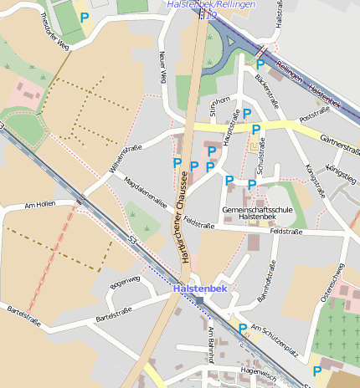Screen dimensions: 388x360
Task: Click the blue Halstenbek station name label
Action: tap(200, 288)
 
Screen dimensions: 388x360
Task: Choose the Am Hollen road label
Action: tap(39, 203)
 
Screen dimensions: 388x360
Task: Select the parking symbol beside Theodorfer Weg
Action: tap(84, 17)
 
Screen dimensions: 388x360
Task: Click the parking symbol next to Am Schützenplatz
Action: tap(243, 329)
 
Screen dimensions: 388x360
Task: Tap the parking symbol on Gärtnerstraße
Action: tap(257, 129)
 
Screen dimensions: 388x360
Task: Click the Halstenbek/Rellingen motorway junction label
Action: tap(204, 4)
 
